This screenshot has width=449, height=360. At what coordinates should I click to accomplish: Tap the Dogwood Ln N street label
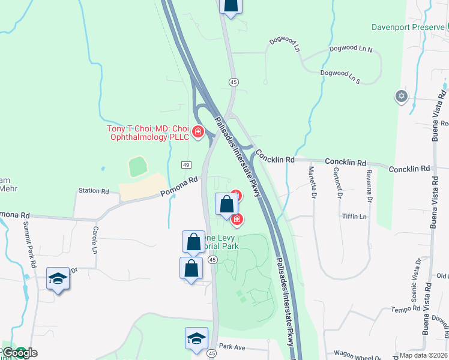(x=351, y=49)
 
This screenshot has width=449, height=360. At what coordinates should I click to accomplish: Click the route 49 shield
(x=187, y=164)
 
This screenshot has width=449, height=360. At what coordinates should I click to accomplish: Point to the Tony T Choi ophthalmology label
(x=148, y=133)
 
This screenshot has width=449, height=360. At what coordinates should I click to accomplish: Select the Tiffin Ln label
(x=354, y=216)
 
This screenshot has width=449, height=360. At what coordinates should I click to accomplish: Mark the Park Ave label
(x=233, y=346)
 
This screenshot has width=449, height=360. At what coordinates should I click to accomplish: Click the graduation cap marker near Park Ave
(x=196, y=338)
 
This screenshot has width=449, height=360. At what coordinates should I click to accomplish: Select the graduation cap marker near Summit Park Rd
(x=58, y=278)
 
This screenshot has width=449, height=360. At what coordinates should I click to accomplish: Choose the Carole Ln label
(x=95, y=230)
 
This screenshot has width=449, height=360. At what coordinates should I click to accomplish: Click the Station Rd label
(x=93, y=191)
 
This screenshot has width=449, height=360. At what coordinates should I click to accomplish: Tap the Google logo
(x=19, y=353)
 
